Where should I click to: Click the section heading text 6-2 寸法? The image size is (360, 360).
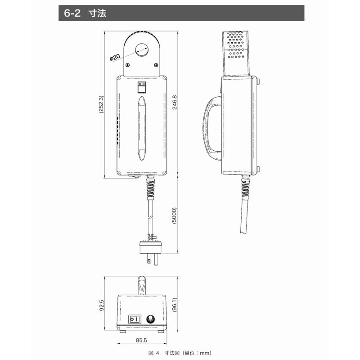coord(85,13)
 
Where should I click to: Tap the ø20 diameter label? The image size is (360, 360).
coord(115,58)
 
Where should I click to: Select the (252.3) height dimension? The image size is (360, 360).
coord(101,104)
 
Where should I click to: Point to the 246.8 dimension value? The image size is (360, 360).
coord(175,103)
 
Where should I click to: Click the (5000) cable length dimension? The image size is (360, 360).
coord(174,216)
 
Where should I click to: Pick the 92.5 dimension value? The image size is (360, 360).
coord(102,306)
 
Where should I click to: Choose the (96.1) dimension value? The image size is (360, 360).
coord(175,305)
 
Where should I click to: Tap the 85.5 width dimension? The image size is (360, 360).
coord(141,340)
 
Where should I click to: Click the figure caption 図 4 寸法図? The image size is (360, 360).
coord(164,353)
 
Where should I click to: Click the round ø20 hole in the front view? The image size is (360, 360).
coord(142,50)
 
